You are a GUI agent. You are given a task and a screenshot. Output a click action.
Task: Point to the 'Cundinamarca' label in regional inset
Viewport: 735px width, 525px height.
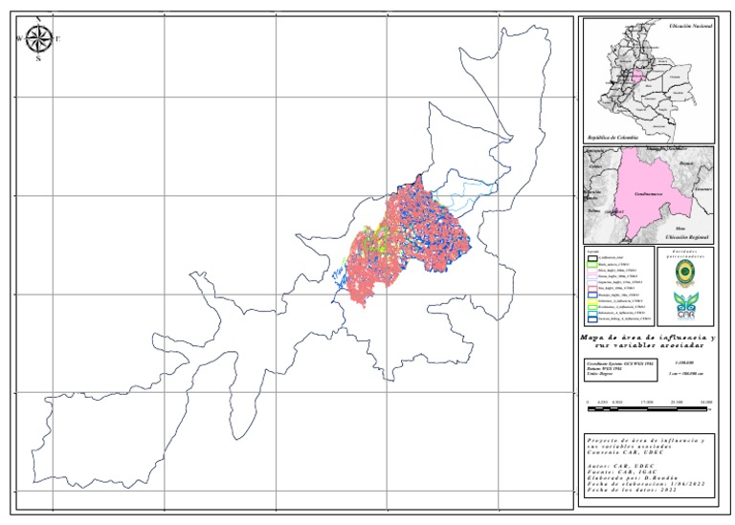point(651,194)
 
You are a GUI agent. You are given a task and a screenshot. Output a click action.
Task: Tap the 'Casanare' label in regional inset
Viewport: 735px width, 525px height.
point(703,188)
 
